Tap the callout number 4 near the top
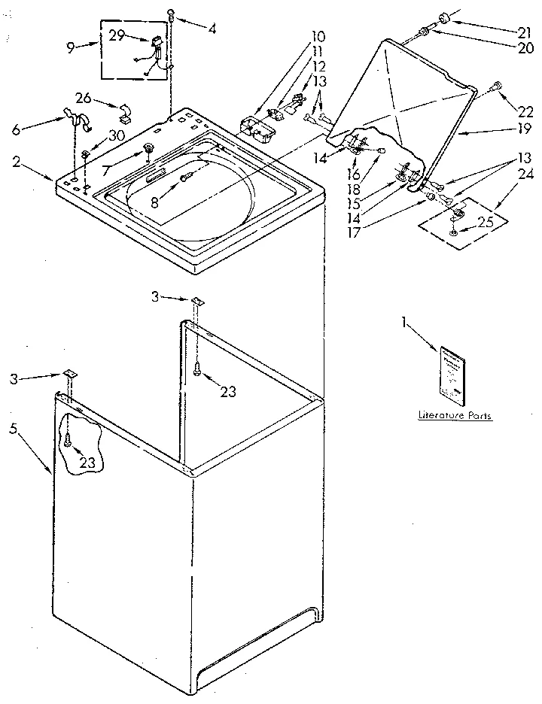[x=212, y=29]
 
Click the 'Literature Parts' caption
[x=455, y=415]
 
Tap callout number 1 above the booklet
[x=406, y=323]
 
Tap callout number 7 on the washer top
[x=107, y=171]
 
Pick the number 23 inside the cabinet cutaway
[x=87, y=463]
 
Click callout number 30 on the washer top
[x=116, y=135]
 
